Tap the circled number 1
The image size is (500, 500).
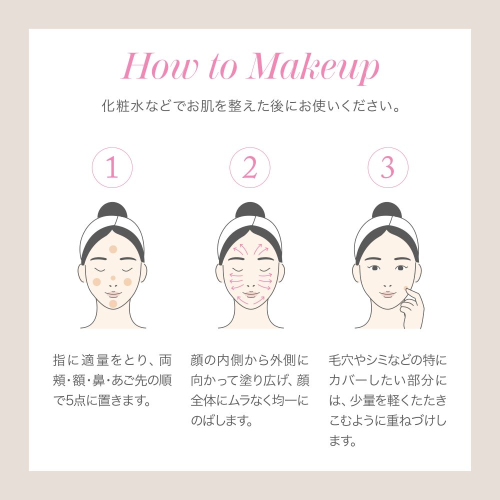coord(112,167)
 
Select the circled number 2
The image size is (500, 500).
coord(250,167)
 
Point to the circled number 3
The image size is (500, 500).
coord(388,167)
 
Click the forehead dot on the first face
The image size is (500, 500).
coord(113,249)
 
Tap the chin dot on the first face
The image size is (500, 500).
coord(113,303)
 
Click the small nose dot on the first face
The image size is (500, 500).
coord(113,278)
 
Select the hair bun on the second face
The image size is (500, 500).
coord(250,210)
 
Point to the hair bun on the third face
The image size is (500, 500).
coord(387,210)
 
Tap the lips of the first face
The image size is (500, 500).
coord(113,294)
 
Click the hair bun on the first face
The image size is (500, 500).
coord(112,210)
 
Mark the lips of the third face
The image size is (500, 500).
coord(387,294)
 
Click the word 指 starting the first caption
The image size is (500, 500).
coord(59,360)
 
